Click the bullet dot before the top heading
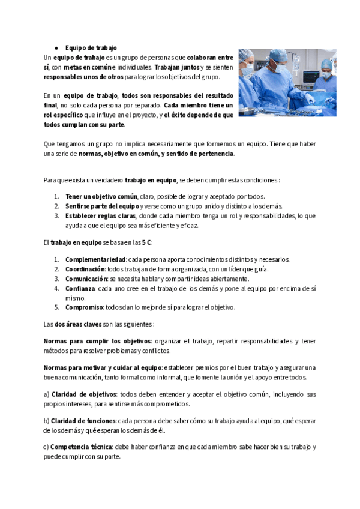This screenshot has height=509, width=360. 56,47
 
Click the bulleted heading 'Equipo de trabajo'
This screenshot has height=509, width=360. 91,47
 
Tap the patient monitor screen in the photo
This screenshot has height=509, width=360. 311,77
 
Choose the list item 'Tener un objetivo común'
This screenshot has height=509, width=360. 101,196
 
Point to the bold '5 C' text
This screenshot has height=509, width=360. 146,242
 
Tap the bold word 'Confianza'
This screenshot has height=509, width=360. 80,288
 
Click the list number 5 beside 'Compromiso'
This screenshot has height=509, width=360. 56,307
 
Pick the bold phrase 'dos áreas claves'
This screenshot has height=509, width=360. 77,324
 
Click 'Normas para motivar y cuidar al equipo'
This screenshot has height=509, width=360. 103,367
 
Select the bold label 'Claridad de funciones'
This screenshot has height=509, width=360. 83,420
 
